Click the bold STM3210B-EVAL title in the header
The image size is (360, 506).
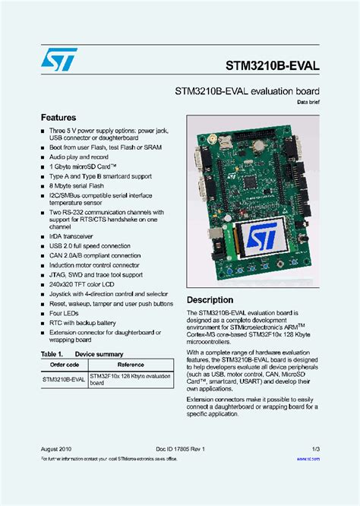click(x=270, y=66)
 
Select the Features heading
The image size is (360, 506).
click(x=58, y=118)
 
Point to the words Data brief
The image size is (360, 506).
click(x=305, y=102)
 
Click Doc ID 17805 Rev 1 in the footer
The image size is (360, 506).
click(x=180, y=449)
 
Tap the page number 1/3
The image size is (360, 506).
click(x=314, y=449)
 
